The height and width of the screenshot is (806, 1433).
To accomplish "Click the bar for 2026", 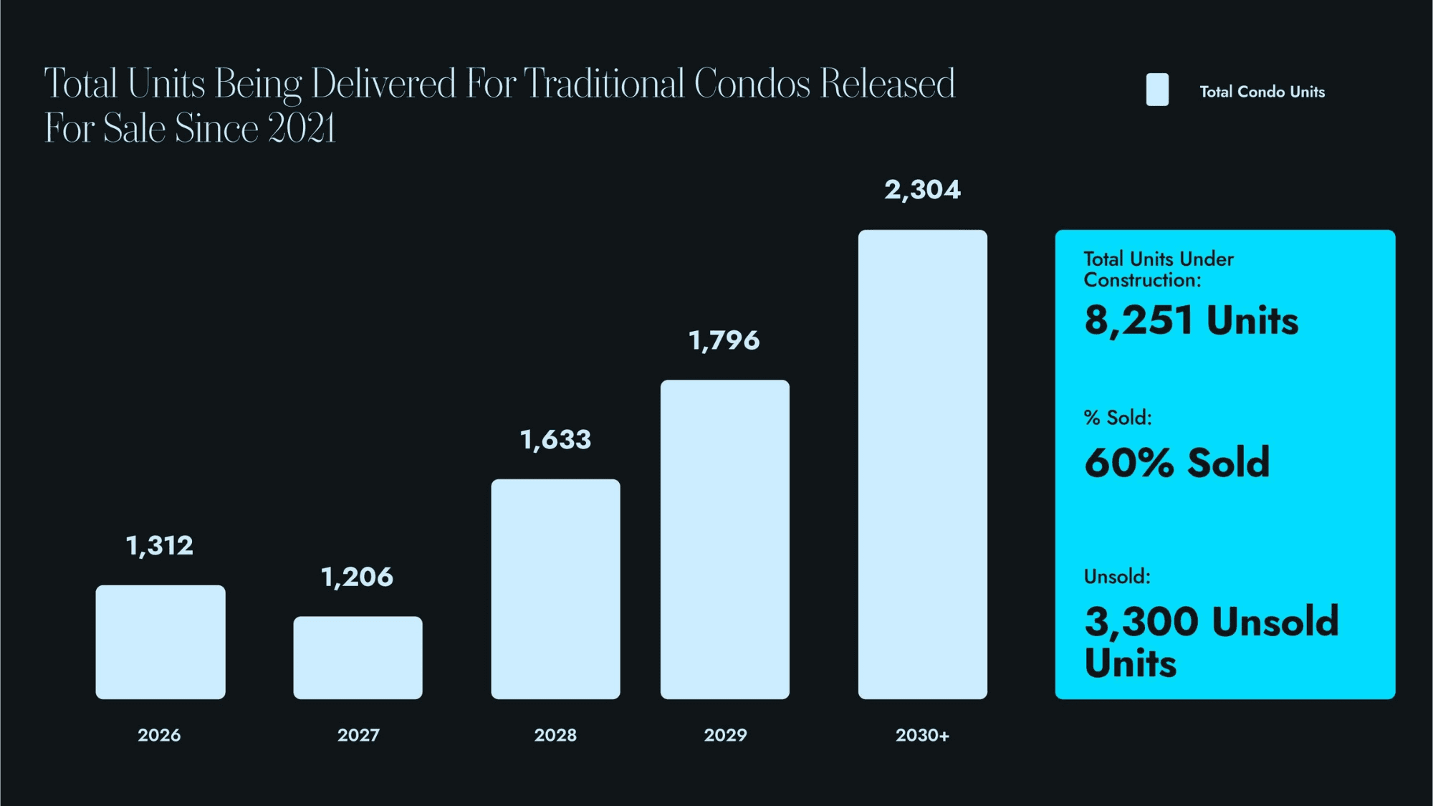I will click(x=160, y=642).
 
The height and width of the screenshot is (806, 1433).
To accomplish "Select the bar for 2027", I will click(x=358, y=658).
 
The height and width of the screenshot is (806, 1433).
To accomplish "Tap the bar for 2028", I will click(x=555, y=589).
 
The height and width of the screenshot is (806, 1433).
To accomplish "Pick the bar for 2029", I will click(x=725, y=539).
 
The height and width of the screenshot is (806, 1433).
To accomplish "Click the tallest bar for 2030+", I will click(x=922, y=464).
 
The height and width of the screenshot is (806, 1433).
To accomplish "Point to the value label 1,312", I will click(x=160, y=546).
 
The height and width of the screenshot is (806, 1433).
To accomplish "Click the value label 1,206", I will click(x=357, y=577).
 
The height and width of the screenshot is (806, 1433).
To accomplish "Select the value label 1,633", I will click(x=555, y=440).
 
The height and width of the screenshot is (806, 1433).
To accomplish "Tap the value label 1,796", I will click(x=724, y=340).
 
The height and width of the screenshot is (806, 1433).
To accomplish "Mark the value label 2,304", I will click(x=922, y=190).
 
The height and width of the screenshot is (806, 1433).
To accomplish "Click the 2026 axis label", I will click(x=159, y=735).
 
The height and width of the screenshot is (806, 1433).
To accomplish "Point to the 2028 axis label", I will click(x=555, y=735).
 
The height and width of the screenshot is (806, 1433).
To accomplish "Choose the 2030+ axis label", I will click(x=922, y=735).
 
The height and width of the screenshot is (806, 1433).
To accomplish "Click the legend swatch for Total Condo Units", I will click(x=1157, y=90).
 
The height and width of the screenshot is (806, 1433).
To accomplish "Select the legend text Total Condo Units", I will click(x=1262, y=92).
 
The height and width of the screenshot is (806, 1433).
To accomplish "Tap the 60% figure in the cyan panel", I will click(x=1128, y=463).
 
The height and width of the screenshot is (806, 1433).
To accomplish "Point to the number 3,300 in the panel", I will click(x=1141, y=621).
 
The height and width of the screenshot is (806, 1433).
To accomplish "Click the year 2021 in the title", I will click(x=302, y=129).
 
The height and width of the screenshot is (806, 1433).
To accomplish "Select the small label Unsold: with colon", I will click(x=1117, y=577).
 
